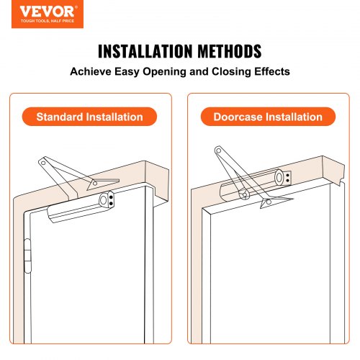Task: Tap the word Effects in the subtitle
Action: [x=269, y=73]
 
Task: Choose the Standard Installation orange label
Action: [x=90, y=117]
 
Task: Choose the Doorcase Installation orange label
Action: [x=268, y=117]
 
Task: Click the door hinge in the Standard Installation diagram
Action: [x=28, y=255]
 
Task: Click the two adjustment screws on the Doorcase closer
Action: [x=287, y=177]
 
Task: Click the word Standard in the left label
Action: [x=63, y=117]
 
